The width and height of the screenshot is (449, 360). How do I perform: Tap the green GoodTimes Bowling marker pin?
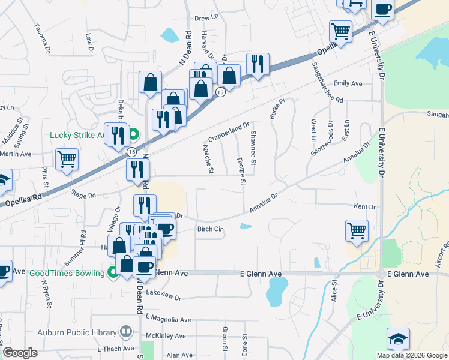(112, 272)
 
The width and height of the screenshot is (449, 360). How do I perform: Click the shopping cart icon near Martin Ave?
(67, 160)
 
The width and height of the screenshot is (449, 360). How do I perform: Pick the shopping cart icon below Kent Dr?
(357, 231)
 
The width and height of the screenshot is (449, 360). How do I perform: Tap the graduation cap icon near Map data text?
(398, 339)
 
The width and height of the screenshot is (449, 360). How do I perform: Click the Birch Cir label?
(210, 229)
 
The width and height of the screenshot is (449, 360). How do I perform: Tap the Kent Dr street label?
(364, 207)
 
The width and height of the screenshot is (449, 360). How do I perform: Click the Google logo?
(20, 353)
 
